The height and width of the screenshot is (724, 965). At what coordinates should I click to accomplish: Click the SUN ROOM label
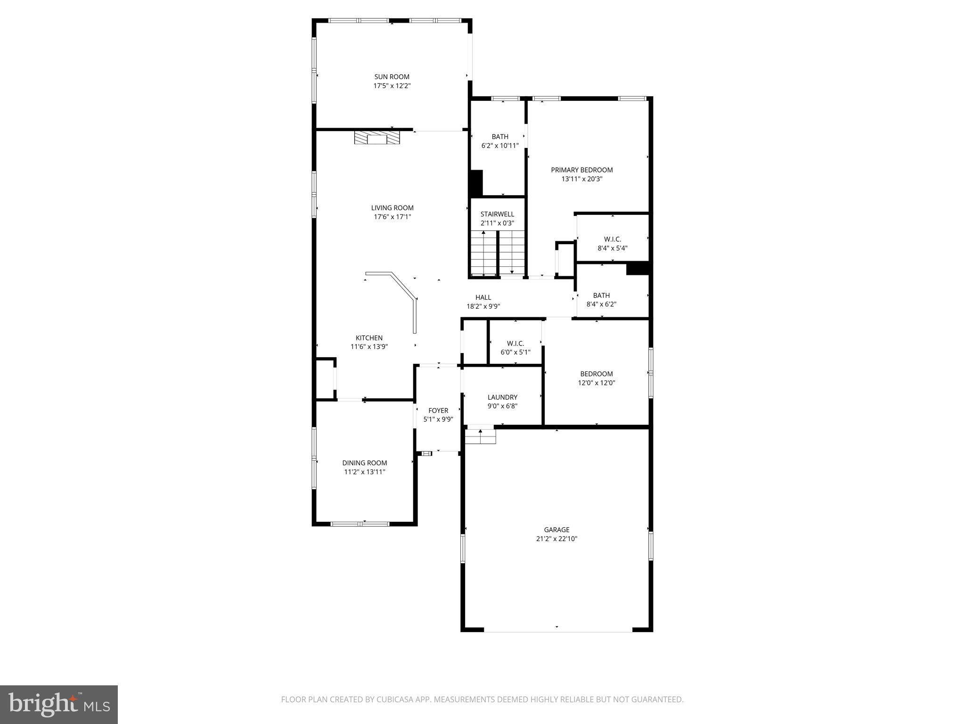coord(392,77)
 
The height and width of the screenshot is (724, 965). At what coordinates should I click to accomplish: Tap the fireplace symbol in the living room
coord(377,138)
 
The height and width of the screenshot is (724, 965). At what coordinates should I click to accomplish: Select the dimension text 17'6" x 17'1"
coord(392,217)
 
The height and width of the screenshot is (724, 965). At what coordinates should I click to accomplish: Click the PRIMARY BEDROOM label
coord(582,170)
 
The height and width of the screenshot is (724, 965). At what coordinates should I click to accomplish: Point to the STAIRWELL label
coord(497,214)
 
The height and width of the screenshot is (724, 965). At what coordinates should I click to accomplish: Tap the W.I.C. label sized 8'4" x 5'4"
coord(612,239)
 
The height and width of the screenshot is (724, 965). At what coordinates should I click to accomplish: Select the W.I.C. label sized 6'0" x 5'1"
coord(515,344)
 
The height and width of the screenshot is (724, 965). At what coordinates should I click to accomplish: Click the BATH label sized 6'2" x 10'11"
coord(500,137)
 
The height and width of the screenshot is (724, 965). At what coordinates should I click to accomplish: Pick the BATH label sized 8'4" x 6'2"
coord(601,296)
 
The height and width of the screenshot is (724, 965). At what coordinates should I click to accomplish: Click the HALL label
coord(483,297)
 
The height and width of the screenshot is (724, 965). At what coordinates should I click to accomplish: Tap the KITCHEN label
coord(369,338)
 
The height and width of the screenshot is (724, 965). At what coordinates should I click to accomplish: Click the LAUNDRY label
coord(502,397)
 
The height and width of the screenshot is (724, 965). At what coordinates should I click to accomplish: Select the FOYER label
coord(438,411)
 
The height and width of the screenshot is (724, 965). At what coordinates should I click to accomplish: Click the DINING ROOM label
coord(365,463)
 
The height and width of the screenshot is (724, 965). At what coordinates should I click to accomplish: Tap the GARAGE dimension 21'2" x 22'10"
coord(556,539)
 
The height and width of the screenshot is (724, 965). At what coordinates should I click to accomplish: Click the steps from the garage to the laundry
coord(480,436)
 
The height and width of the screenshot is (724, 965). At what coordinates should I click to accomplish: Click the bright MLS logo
coord(59,705)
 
